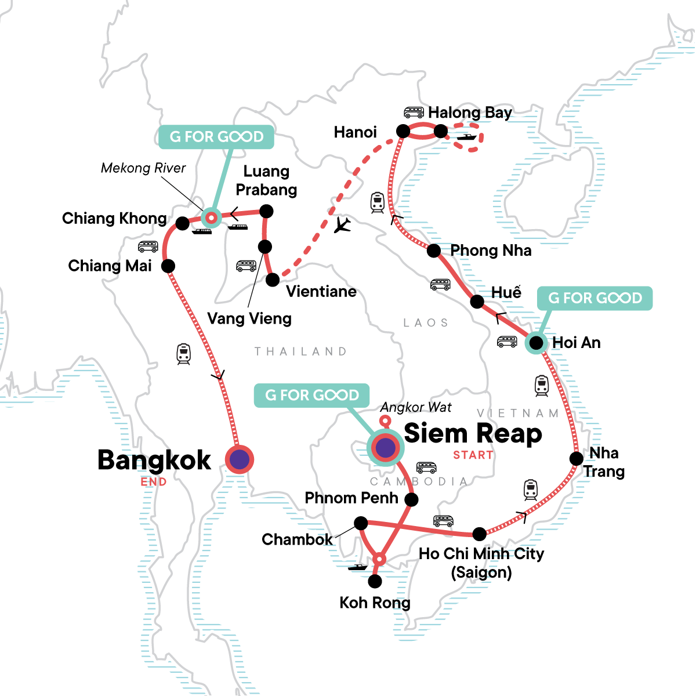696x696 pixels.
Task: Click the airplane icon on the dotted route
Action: pyautogui.click(x=343, y=224)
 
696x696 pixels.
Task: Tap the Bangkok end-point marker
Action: pyautogui.click(x=240, y=460)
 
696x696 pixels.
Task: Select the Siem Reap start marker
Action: pyautogui.click(x=386, y=447)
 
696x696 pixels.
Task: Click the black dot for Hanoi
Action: pyautogui.click(x=403, y=131)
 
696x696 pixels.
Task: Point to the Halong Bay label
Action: pyautogui.click(x=470, y=113)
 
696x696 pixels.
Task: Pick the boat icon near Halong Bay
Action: pyautogui.click(x=466, y=137)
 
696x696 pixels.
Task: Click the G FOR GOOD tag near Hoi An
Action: pyautogui.click(x=595, y=298)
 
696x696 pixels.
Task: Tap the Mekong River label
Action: pyautogui.click(x=143, y=168)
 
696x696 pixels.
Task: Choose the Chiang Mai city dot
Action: pyautogui.click(x=168, y=266)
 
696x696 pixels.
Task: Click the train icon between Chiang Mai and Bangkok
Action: pyautogui.click(x=183, y=354)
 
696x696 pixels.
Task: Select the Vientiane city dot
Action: pyautogui.click(x=273, y=280)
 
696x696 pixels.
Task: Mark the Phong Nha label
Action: pyautogui.click(x=491, y=251)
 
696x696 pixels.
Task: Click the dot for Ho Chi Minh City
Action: pyautogui.click(x=480, y=534)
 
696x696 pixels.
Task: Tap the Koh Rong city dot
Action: pyautogui.click(x=375, y=581)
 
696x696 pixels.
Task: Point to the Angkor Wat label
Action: pyautogui.click(x=416, y=408)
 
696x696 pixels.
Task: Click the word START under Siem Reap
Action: pyautogui.click(x=473, y=455)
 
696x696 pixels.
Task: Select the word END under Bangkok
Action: pyautogui.click(x=154, y=482)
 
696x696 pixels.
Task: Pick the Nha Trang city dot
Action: pyautogui.click(x=577, y=459)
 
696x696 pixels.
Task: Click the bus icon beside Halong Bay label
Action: pyautogui.click(x=414, y=112)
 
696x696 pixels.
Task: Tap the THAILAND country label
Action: pyautogui.click(x=300, y=351)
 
